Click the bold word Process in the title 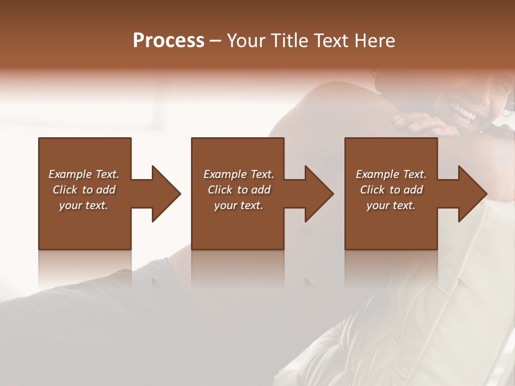point(168,41)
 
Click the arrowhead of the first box point(166,194)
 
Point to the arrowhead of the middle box point(319,194)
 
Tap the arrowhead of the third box point(473,194)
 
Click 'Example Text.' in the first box point(84,174)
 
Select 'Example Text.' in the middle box point(239,174)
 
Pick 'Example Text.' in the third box point(391,174)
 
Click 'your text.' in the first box point(84,205)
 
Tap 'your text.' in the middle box point(239,205)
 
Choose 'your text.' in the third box point(391,205)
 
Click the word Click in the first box point(65,190)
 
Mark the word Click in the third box point(373,190)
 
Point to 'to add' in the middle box point(254,190)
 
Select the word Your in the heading point(246,41)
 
